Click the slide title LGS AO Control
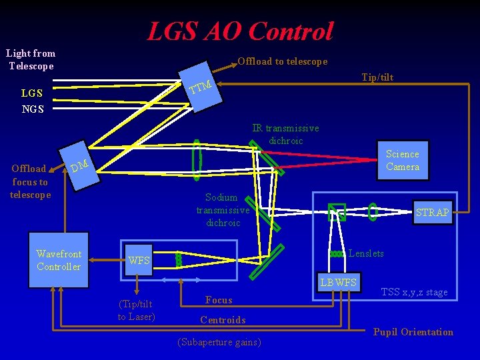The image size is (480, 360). [240, 31]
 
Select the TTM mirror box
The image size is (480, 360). [201, 87]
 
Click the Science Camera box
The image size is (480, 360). [402, 161]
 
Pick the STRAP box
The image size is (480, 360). [432, 213]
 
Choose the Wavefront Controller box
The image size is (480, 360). [59, 261]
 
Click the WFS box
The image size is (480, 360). [139, 261]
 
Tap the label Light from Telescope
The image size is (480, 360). [31, 59]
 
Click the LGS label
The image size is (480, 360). [32, 93]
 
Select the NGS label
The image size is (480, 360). [33, 109]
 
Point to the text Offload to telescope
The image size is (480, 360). [283, 61]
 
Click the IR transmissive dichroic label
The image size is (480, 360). [285, 134]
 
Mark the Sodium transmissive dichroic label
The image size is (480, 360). [223, 210]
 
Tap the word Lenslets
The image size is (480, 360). [366, 253]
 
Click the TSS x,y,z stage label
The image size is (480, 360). [414, 292]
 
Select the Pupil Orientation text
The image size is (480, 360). [413, 332]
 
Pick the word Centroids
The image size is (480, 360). [223, 320]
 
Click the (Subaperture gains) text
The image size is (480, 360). [219, 343]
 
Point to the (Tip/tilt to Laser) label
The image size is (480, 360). [136, 311]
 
